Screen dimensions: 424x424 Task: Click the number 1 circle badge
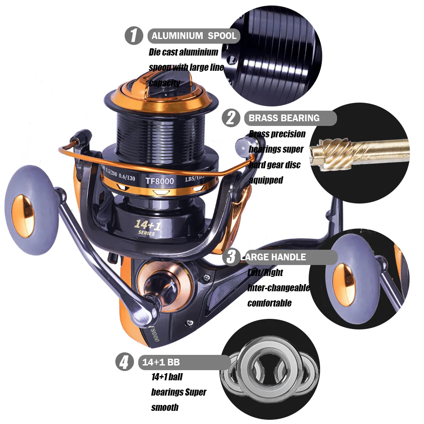tap(134, 36)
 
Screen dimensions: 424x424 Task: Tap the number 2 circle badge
tap(231, 117)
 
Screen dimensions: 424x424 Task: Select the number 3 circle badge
tap(231, 257)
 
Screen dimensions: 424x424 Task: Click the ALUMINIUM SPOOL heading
tap(194, 36)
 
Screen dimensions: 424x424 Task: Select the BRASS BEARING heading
tap(284, 118)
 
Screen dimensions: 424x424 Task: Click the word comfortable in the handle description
tap(269, 303)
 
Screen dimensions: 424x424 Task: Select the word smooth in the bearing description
tap(165, 407)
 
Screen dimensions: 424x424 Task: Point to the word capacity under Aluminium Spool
tap(164, 83)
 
